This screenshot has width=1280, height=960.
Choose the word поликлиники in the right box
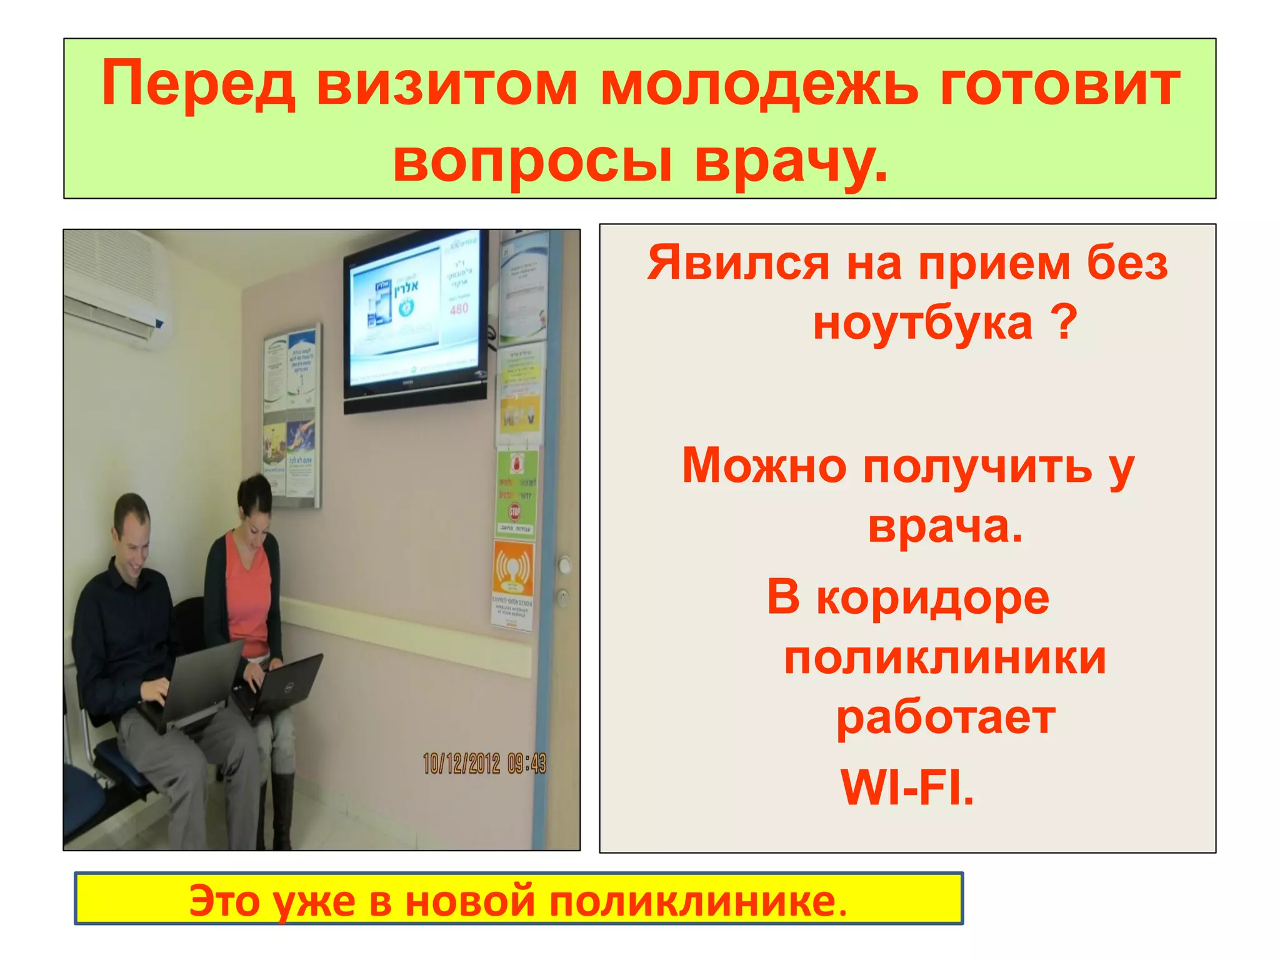tap(944, 658)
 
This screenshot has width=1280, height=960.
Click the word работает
tap(946, 718)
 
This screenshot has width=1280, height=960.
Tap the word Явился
tap(738, 263)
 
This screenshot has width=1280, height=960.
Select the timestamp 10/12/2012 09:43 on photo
tap(484, 763)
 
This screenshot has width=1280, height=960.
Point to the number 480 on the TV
tap(459, 309)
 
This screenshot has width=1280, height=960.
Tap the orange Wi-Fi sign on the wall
tap(513, 569)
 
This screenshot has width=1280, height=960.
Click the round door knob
tap(564, 566)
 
